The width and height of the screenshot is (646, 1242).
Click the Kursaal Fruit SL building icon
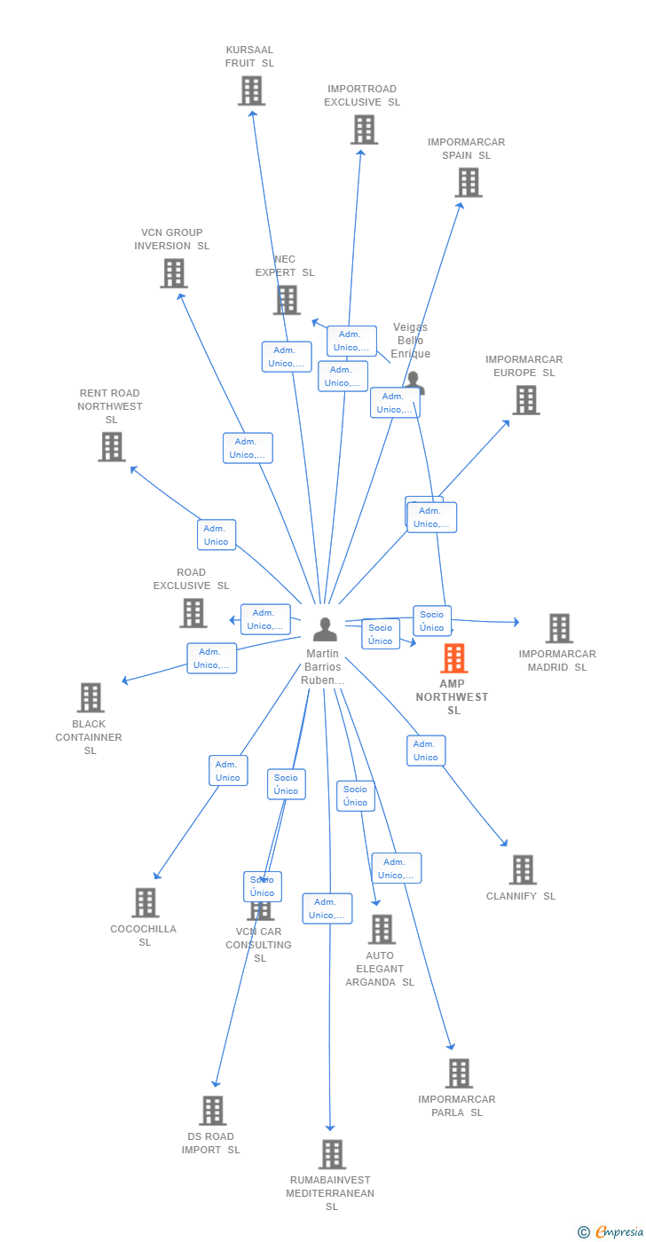click(251, 90)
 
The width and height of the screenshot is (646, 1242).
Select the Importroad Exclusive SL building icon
click(364, 130)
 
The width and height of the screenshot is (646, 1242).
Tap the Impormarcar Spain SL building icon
click(468, 182)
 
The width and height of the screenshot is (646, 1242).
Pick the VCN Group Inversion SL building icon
click(174, 273)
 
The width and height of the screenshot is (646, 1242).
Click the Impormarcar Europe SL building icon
click(525, 400)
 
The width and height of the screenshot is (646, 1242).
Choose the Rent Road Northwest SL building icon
click(112, 447)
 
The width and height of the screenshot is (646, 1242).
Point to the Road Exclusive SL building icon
click(193, 612)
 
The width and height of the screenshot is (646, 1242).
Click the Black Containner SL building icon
click(91, 697)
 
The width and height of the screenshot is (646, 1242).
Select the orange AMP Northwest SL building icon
click(453, 658)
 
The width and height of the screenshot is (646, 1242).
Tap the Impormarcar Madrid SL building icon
click(558, 628)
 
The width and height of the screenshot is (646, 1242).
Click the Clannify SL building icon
click(523, 869)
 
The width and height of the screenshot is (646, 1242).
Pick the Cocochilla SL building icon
click(145, 902)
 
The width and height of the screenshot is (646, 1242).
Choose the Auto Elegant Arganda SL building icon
click(382, 929)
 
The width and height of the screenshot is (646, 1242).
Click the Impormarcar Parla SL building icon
click(459, 1073)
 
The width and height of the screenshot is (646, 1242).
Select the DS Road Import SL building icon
click(212, 1110)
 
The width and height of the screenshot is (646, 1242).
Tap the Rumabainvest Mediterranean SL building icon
click(332, 1154)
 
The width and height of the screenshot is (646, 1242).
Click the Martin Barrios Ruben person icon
click(325, 629)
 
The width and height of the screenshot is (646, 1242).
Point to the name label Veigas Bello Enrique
click(410, 341)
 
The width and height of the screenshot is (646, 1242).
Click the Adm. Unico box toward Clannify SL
click(426, 751)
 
